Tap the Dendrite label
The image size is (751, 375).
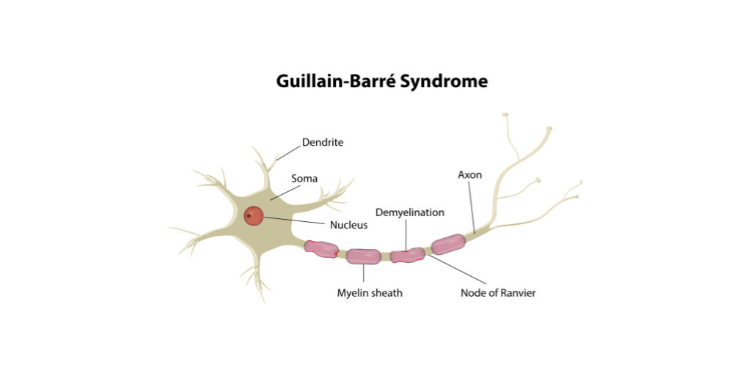tap(323, 142)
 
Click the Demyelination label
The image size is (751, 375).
tap(410, 212)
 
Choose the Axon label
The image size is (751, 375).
tap(469, 175)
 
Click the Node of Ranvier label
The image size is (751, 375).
tap(498, 293)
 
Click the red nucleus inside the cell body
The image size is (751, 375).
tap(254, 215)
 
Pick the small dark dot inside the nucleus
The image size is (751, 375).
tap(249, 215)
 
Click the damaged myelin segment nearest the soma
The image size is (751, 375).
tap(321, 248)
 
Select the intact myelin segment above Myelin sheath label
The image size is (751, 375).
tap(363, 256)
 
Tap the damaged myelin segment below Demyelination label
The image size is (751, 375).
tap(407, 255)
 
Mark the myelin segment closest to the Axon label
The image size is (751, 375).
tap(447, 244)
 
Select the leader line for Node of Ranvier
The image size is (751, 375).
tap(458, 270)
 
